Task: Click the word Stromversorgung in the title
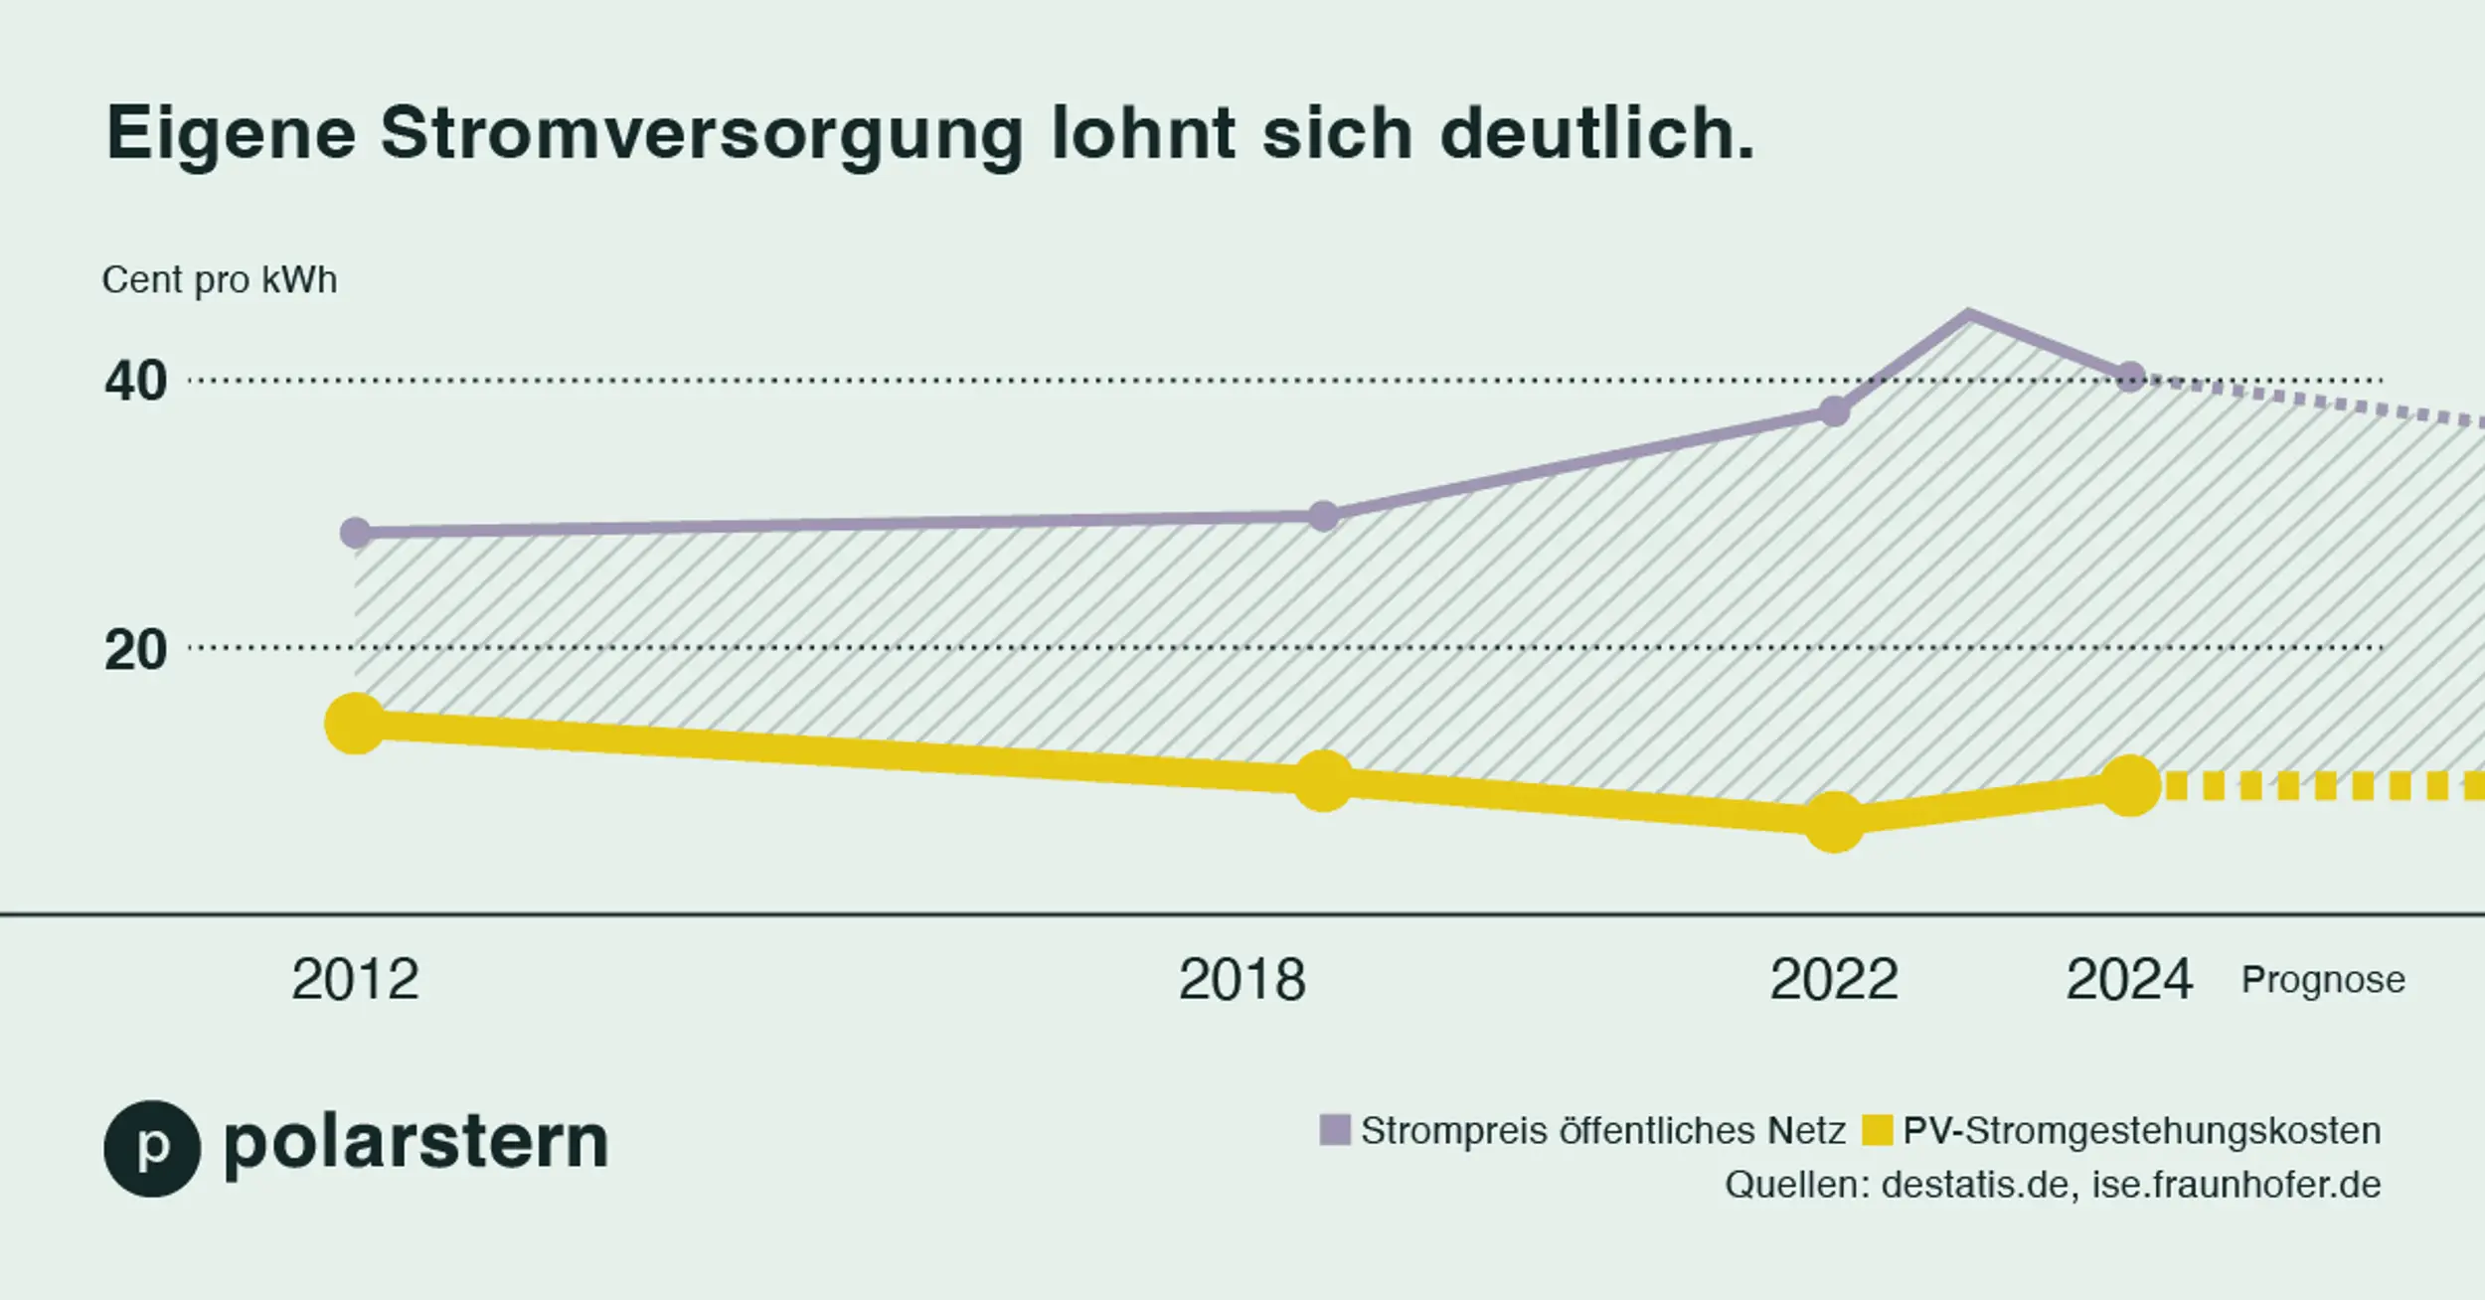pos(701,134)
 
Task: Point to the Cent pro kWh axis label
pos(220,280)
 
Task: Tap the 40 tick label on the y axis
pos(136,382)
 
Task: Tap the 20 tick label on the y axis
pos(136,650)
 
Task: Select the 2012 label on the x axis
pos(355,980)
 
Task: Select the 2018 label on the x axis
pos(1242,980)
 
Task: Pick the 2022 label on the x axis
pos(1834,980)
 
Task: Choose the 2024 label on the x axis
pos(2129,980)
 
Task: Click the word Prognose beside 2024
pos(2323,980)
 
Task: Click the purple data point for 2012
pos(355,534)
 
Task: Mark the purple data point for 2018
pos(1323,517)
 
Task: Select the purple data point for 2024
pos(2130,377)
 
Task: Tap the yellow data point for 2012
pos(355,724)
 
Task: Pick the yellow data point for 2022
pos(1834,822)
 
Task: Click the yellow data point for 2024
pos(2130,786)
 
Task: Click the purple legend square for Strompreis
pos(1335,1130)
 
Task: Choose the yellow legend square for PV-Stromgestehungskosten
pos(1877,1130)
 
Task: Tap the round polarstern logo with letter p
pos(152,1148)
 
